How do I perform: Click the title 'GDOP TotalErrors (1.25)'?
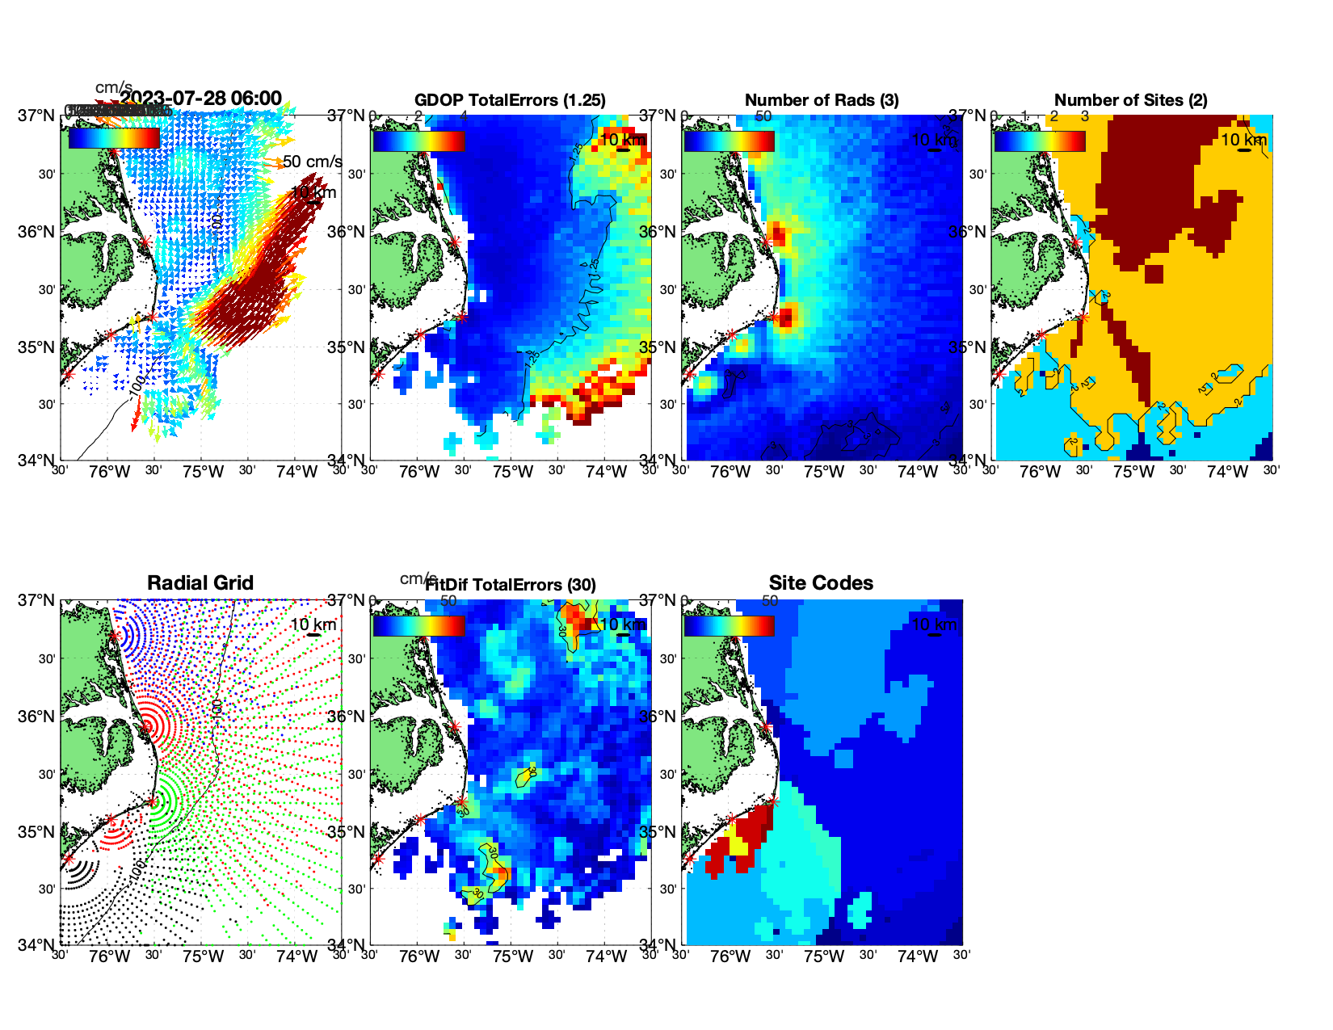510,100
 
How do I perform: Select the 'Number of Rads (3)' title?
822,100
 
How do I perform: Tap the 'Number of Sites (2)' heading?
1130,100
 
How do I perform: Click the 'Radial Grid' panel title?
200,583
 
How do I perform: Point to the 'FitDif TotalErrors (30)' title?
511,585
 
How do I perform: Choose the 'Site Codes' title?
821,583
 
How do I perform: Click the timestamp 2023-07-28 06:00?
201,99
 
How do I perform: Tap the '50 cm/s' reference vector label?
313,162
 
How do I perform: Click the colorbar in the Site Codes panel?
729,625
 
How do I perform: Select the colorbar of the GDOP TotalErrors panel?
418,141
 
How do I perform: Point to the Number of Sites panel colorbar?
1039,141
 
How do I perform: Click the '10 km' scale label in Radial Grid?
313,624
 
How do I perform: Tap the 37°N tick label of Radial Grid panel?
36,600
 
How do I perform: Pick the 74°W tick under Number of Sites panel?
1227,472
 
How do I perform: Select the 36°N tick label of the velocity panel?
36,232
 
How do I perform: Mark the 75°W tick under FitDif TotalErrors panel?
513,956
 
